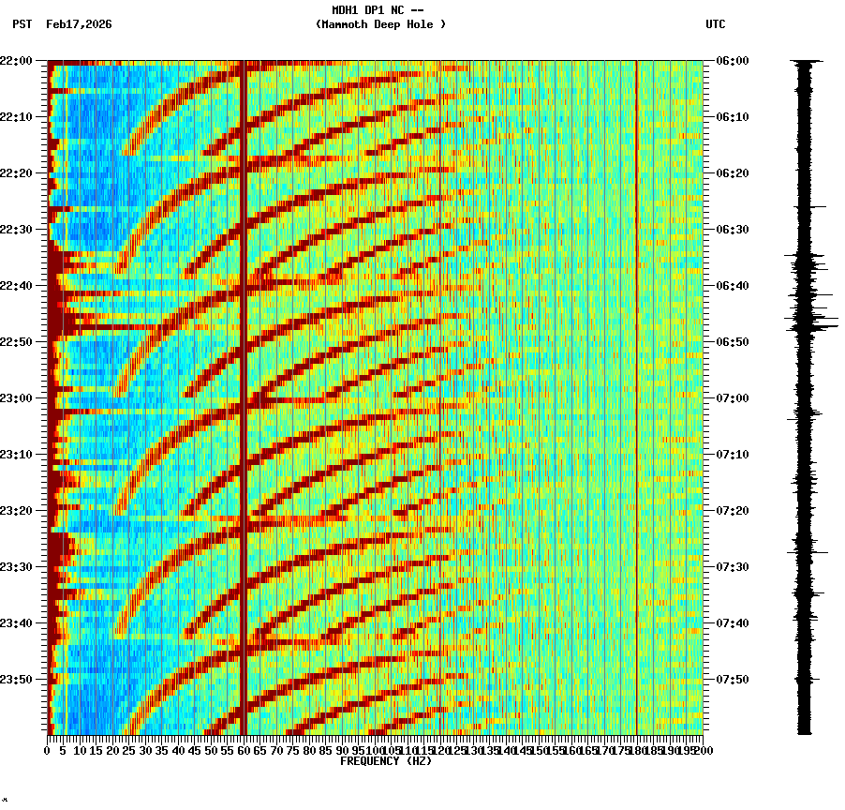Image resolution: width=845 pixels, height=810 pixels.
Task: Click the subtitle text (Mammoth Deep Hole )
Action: click(380, 24)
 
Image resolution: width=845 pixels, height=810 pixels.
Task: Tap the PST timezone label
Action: click(22, 24)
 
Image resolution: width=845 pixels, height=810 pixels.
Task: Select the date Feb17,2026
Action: click(79, 24)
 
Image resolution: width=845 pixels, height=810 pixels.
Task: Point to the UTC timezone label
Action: click(715, 24)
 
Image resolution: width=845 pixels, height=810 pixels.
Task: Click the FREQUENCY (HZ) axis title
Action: click(385, 761)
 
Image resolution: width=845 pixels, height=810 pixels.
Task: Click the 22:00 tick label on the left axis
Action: click(16, 61)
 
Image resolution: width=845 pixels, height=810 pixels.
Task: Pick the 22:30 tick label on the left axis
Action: click(16, 230)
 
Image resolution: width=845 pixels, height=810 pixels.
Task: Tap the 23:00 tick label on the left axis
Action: click(16, 398)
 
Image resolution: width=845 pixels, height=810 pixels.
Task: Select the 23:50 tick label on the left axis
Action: click(16, 680)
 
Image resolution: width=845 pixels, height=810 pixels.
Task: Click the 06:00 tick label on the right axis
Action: click(733, 61)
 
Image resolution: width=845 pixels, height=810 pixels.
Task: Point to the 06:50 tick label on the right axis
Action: click(733, 342)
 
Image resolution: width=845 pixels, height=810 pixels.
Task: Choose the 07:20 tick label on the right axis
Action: click(733, 511)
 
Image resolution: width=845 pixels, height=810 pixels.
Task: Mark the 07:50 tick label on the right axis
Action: click(733, 680)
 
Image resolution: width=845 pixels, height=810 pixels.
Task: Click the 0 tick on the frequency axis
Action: click(48, 751)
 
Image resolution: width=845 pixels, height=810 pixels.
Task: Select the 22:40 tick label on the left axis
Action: click(16, 286)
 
